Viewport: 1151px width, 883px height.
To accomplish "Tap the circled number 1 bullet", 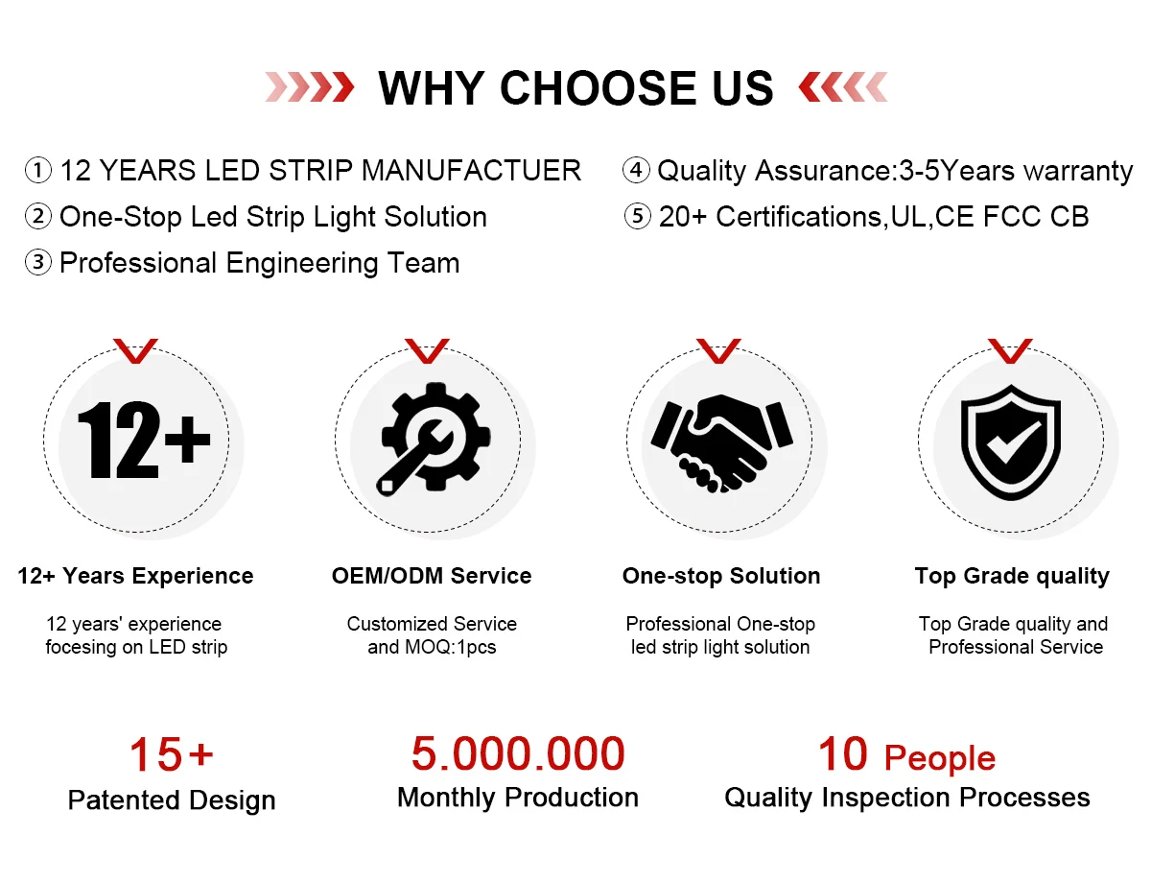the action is (38, 171).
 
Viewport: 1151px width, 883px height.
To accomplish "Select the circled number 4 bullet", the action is (636, 171).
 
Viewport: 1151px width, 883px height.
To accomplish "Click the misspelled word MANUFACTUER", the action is (471, 171).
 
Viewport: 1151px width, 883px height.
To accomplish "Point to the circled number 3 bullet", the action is (38, 263).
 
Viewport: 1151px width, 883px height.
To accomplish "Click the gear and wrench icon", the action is (435, 439).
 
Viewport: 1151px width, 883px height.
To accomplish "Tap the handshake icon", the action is (721, 443).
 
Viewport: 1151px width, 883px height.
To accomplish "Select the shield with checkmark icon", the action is (1011, 442).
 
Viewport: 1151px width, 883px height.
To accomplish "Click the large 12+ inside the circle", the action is (144, 440).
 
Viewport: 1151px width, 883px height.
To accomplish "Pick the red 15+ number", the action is (171, 754).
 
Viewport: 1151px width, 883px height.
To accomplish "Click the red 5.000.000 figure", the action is (518, 753).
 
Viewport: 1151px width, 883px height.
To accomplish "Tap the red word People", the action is (940, 758).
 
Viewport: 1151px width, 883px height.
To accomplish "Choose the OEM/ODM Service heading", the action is (432, 576).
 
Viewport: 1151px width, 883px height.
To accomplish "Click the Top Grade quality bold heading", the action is (1012, 577).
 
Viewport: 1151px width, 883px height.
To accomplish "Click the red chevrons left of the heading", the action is (310, 87).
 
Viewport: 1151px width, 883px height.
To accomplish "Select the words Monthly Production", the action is (518, 798).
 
